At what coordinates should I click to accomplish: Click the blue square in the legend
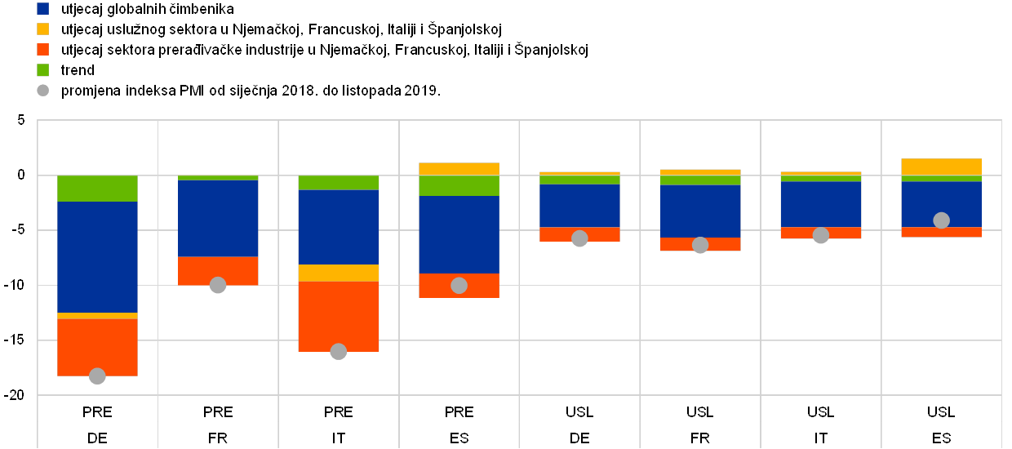coord(43,9)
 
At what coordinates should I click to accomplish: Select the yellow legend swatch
coord(43,29)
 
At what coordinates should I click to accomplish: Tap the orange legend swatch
coord(43,50)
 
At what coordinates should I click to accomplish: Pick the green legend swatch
coord(43,70)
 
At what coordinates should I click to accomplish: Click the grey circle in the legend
coord(43,91)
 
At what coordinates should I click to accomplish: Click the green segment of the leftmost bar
coord(97,189)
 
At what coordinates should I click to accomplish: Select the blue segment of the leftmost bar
coord(97,256)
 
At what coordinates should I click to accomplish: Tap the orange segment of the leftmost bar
coord(97,347)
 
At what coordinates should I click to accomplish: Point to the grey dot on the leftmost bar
coord(97,376)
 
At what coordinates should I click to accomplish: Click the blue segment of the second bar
coord(218,218)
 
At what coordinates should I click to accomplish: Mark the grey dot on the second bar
coord(218,285)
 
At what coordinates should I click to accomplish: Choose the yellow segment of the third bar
coord(339,273)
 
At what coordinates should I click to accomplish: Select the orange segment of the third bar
coord(339,316)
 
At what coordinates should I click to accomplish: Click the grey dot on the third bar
coord(339,352)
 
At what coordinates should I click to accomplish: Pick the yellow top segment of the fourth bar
coord(459,169)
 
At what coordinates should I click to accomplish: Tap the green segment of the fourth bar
coord(459,185)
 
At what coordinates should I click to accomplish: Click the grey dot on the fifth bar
coord(579,238)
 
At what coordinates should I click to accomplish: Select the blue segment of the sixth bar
coord(700,211)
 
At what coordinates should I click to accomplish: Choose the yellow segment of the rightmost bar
coord(941,167)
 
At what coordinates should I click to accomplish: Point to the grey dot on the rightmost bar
coord(941,220)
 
